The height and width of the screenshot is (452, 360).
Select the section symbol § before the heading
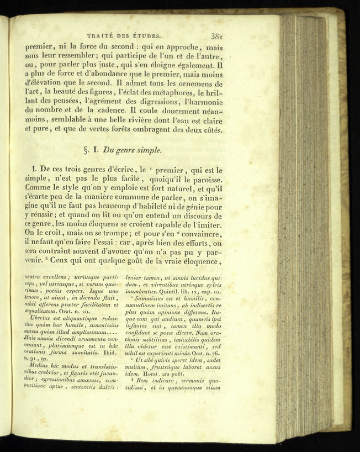[x=86, y=150]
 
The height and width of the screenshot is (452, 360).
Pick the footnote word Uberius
[x=38, y=318]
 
